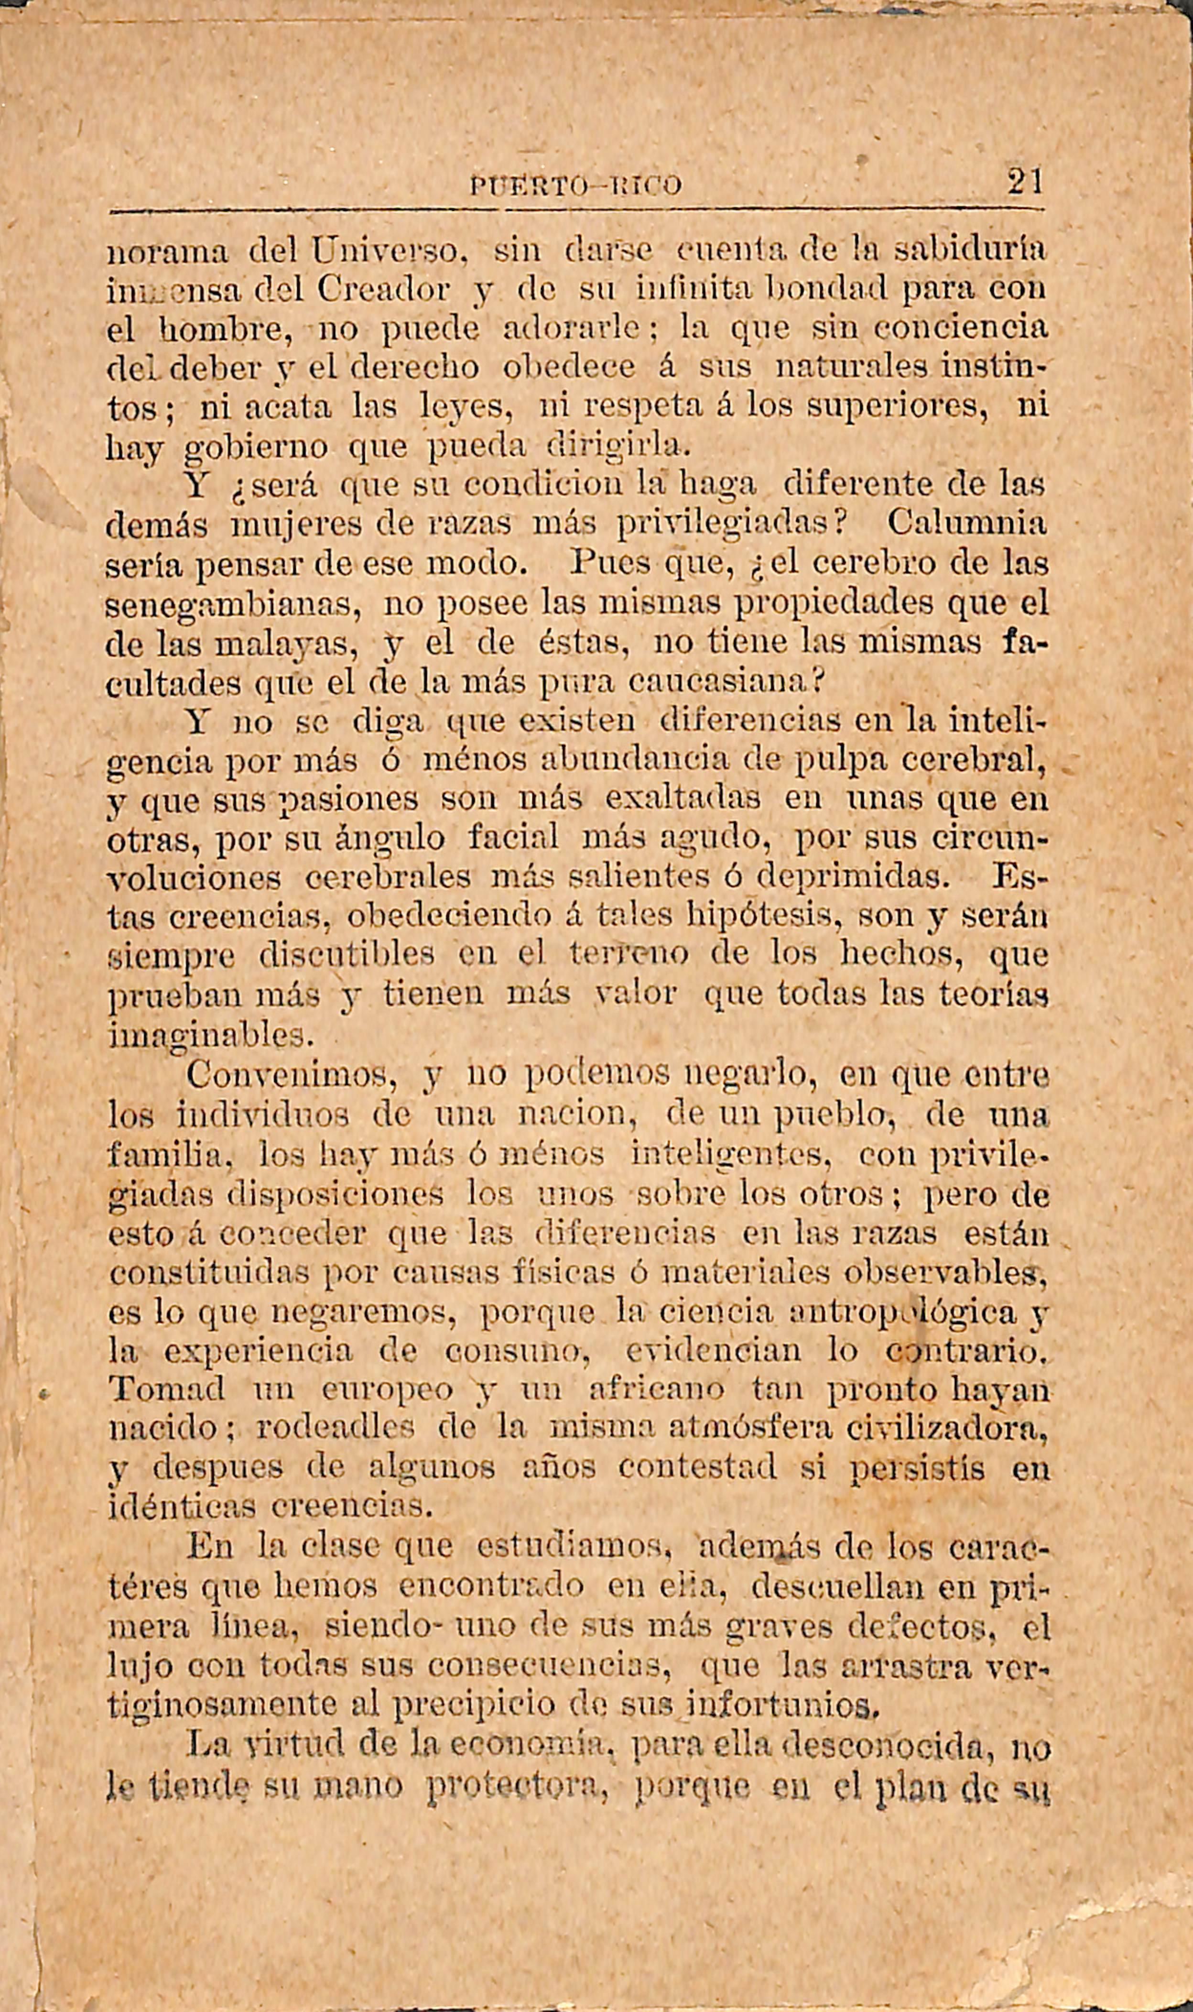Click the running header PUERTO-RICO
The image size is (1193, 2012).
(575, 186)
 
